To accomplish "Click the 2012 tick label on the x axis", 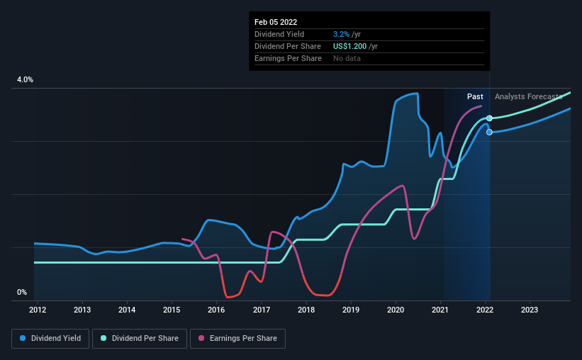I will [38, 310].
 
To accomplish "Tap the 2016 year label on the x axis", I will [216, 310].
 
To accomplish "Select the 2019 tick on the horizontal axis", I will [350, 310].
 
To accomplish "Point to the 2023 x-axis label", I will [530, 310].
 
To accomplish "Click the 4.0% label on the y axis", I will [25, 80].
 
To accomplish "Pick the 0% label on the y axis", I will [22, 292].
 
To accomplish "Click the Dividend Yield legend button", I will [50, 339].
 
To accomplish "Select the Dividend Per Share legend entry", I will [143, 339].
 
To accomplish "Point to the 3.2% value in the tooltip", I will [340, 34].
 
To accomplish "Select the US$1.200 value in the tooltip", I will [350, 46].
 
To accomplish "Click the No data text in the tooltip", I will [347, 58].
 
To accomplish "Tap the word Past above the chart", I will [475, 96].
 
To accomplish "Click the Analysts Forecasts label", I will [528, 96].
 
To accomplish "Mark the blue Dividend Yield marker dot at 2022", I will [489, 133].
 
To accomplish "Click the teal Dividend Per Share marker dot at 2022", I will [489, 118].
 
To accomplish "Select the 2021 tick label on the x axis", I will [440, 310].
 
